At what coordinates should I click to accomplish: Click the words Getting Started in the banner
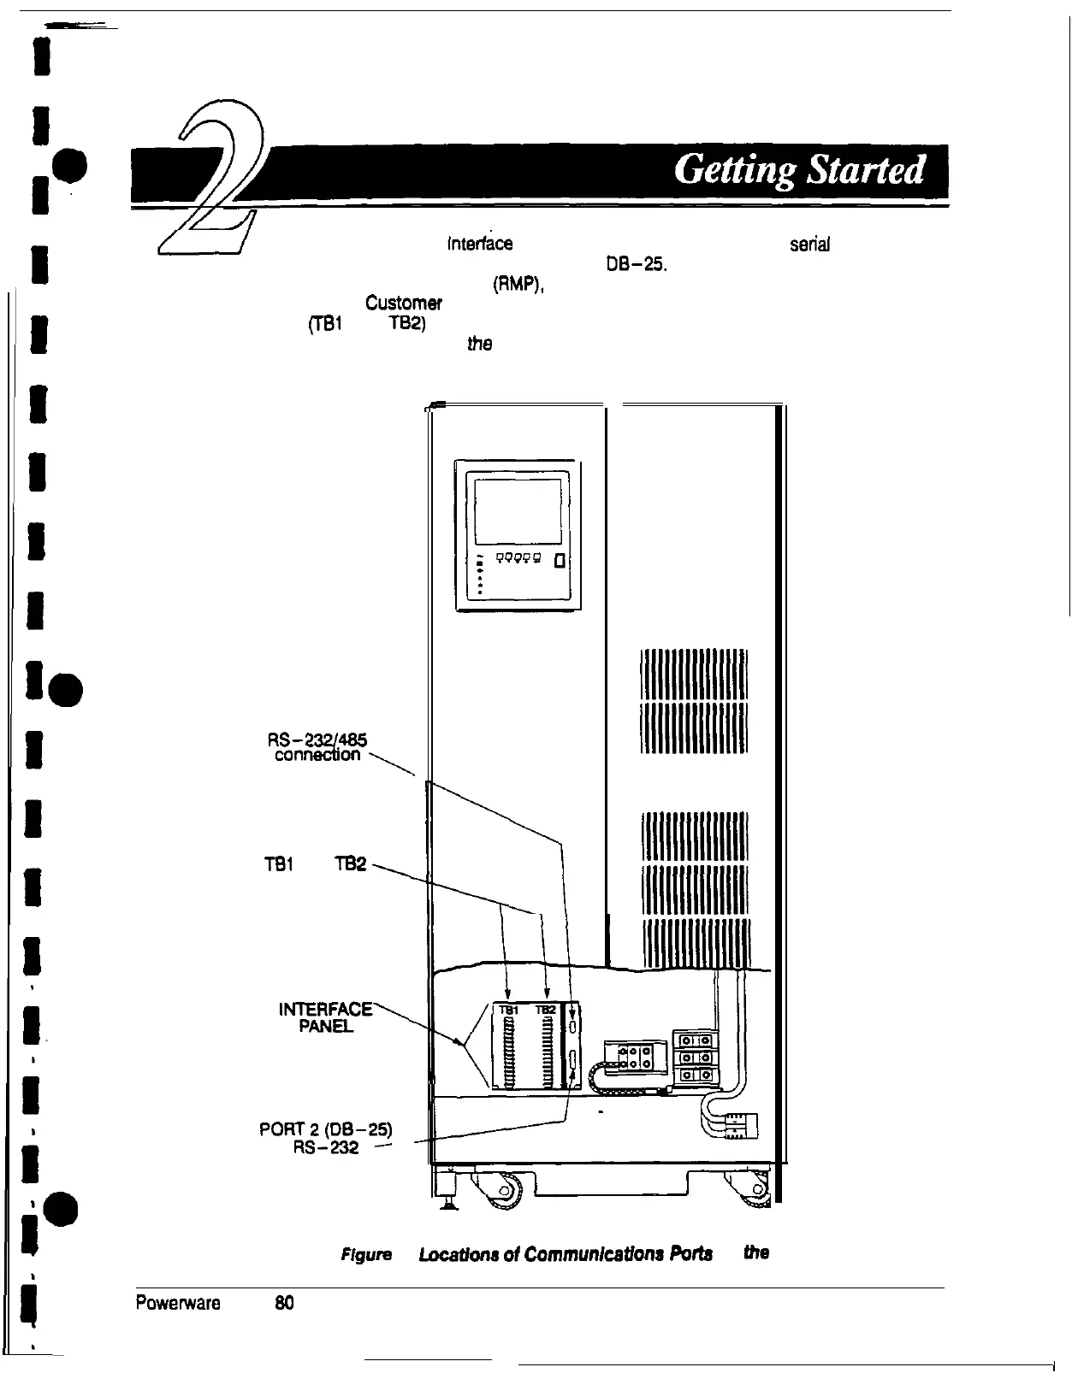(799, 171)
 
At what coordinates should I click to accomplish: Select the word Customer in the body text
(403, 303)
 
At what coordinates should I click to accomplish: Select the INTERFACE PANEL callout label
(326, 1016)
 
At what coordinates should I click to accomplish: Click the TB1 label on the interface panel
(508, 1010)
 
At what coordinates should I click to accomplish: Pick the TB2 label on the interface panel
(546, 1010)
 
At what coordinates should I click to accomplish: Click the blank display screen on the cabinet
(517, 511)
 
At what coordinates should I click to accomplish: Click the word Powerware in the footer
(178, 1303)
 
